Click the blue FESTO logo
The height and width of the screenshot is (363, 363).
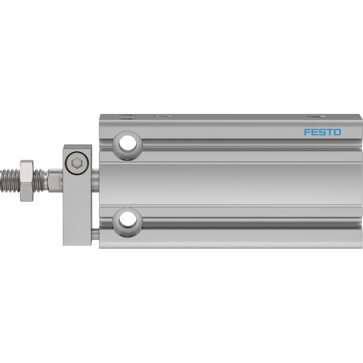tap(322, 132)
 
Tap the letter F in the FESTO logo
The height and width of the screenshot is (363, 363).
tap(307, 132)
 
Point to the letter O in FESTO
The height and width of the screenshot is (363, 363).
tap(337, 132)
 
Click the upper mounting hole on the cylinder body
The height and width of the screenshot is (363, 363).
tap(128, 145)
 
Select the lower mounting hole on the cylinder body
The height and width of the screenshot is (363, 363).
tap(128, 222)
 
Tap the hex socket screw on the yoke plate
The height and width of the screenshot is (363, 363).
tap(77, 163)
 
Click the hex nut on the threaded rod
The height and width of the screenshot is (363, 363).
tap(27, 180)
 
